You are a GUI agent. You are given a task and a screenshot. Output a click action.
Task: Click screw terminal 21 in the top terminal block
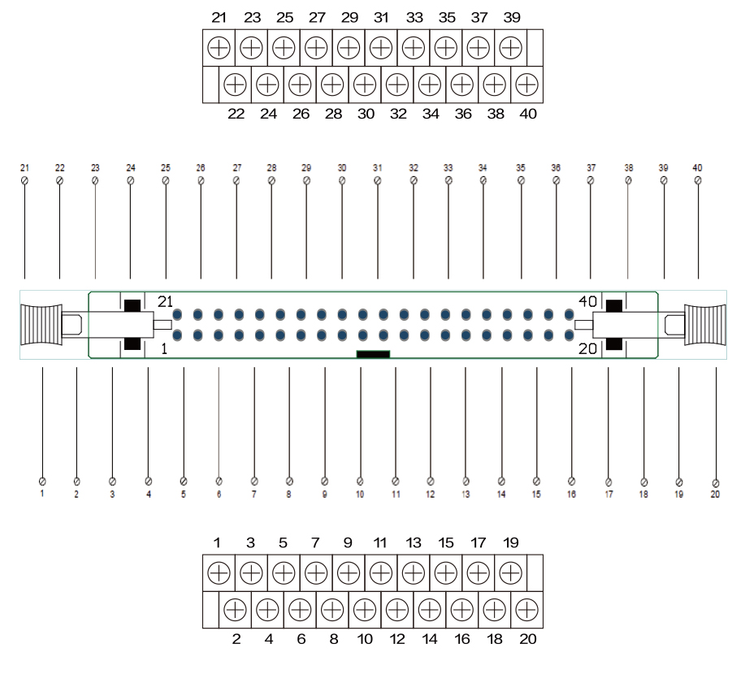coord(219,47)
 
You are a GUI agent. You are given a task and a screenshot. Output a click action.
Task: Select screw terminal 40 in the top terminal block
coord(527,83)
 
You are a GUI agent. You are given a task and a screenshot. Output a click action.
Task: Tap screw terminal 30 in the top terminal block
coord(365,83)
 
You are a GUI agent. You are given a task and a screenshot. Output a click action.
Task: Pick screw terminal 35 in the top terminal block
coord(444,47)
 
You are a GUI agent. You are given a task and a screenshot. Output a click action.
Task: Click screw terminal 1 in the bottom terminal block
coord(219,573)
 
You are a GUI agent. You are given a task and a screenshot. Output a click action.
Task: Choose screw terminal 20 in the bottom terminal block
coord(527,609)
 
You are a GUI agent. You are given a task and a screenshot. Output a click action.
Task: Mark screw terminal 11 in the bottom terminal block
coord(380,573)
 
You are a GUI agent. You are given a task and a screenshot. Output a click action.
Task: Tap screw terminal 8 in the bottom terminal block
coord(332,609)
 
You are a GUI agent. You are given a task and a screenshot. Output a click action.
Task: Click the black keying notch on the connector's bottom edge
coord(373,354)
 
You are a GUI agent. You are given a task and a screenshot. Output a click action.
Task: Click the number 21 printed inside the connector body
coord(166,301)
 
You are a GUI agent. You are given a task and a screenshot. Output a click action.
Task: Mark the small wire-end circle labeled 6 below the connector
coord(219,481)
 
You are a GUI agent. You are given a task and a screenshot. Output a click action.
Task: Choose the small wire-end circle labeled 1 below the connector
coord(41,481)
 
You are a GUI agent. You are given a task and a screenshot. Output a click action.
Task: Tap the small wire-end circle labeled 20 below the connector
coord(716,481)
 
